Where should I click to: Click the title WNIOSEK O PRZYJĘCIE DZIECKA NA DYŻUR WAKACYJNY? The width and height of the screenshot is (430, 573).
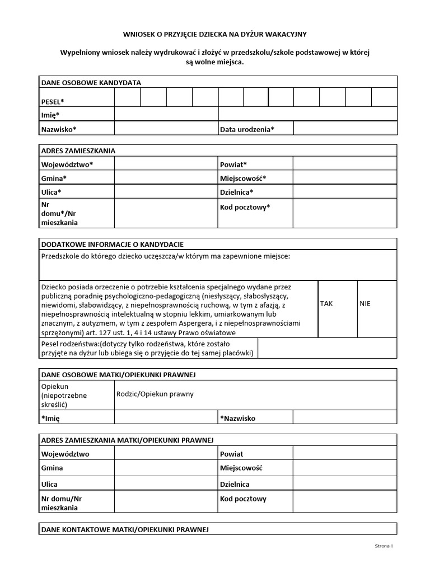214,34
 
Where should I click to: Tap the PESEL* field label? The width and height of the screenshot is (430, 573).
53,101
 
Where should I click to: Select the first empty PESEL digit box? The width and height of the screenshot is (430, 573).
127,97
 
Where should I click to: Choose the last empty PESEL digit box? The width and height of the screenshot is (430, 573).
384,97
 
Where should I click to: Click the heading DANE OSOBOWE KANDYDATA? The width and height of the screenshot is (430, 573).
91,83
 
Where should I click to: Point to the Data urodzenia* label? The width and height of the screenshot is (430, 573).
247,129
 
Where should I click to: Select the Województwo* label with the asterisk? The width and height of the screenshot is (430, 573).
67,164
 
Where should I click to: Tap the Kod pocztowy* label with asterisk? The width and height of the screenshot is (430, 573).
245,207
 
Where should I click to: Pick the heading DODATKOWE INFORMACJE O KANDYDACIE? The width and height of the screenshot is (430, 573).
112,245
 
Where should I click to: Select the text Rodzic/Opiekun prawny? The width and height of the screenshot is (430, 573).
155,394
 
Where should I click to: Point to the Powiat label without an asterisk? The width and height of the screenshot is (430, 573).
232,454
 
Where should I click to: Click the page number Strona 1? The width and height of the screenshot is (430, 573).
384,546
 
